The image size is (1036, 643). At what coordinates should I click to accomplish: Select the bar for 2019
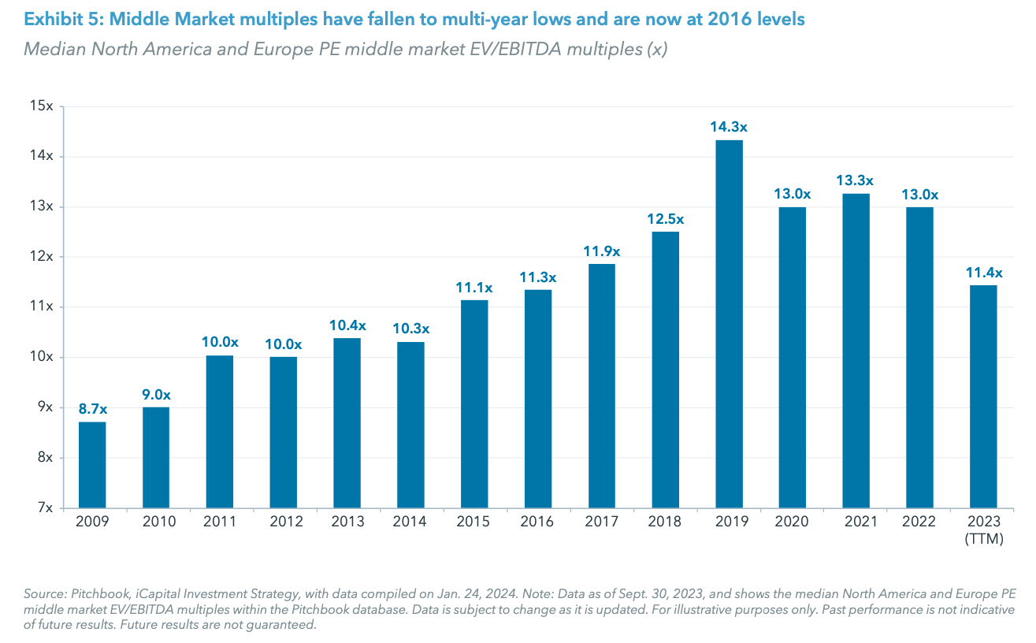729,323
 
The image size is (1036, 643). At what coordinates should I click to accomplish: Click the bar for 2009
92,464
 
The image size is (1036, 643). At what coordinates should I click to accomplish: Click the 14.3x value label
729,125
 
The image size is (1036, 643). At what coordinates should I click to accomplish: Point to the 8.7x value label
92,408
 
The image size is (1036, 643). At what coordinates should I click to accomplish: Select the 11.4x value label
983,273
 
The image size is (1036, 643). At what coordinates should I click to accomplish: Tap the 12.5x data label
666,218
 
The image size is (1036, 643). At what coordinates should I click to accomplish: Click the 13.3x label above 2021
856,180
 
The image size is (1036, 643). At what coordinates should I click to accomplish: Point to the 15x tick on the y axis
40,106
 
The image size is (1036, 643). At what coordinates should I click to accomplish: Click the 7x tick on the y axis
44,507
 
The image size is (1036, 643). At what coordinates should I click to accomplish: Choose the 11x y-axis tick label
40,307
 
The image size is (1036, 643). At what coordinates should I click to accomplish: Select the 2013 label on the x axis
347,522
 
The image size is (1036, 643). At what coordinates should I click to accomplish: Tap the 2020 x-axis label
793,522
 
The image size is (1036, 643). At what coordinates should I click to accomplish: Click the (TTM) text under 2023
983,538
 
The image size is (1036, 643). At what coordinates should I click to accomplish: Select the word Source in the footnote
43,593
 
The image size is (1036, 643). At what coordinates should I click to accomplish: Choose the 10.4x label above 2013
347,325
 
